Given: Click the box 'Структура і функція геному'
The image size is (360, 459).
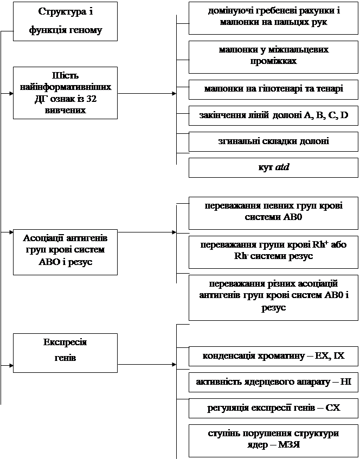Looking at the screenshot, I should click(x=65, y=21).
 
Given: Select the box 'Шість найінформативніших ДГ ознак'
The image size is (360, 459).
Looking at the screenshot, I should click(x=65, y=93).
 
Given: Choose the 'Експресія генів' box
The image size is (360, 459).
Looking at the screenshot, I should click(x=65, y=352).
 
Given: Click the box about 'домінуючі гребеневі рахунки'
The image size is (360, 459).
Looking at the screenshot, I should click(x=273, y=17).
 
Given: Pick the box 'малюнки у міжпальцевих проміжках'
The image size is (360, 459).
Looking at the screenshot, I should click(x=273, y=55).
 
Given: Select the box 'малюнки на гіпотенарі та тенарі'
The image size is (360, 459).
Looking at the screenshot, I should click(x=273, y=88).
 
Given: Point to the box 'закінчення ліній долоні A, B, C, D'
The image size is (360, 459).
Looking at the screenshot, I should click(x=273, y=115).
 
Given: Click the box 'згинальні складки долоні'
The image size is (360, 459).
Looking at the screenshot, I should click(x=273, y=141).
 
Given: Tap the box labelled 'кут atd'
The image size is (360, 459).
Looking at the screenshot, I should click(x=273, y=167).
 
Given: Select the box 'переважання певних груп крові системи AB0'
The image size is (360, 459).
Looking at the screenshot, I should click(x=273, y=212).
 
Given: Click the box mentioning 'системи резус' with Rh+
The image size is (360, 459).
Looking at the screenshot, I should click(x=273, y=251).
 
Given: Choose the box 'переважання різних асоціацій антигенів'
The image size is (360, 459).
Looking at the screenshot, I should click(x=273, y=296).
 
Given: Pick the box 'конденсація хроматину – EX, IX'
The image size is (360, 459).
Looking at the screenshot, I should click(x=273, y=356).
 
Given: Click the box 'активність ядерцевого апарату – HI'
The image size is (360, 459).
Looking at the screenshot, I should click(x=273, y=382).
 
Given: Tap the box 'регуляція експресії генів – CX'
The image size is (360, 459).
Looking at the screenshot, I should click(x=273, y=408).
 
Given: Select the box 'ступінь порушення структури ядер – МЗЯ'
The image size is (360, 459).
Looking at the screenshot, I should click(x=273, y=439).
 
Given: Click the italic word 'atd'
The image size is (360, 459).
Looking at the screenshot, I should click(x=282, y=167).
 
